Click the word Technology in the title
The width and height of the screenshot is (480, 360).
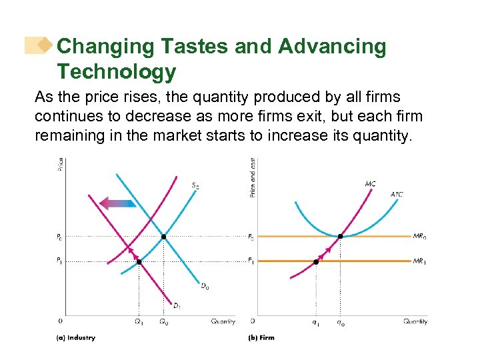[x=116, y=71]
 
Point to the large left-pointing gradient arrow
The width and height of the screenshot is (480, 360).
[x=117, y=202]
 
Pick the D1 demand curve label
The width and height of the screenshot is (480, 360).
[x=177, y=306]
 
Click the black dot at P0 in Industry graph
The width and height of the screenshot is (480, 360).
[x=164, y=237]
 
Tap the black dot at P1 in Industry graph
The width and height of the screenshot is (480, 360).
[x=139, y=262]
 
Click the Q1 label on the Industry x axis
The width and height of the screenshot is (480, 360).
[x=139, y=322]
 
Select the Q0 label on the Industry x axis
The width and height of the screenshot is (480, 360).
[x=164, y=322]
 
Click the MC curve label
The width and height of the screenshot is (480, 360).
[x=370, y=183]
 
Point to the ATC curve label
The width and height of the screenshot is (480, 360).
[x=397, y=195]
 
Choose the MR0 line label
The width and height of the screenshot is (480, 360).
[x=419, y=236]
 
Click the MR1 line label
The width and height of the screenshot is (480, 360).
[x=419, y=261]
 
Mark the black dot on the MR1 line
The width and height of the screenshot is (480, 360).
[x=316, y=262]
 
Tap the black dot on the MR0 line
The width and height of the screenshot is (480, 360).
[x=341, y=237]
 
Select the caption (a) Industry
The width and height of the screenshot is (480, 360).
[x=75, y=338]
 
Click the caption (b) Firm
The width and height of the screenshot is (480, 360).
[x=261, y=338]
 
